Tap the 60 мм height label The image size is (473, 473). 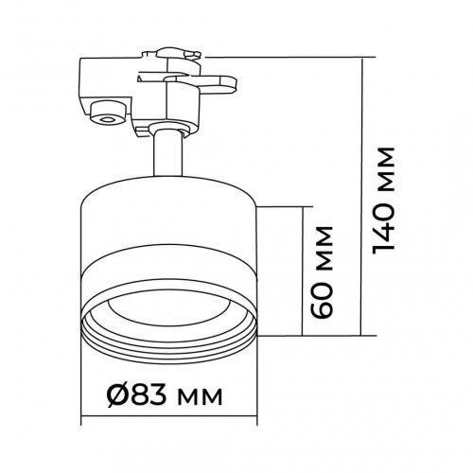coord(321,272)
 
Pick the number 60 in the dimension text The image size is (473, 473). coord(321,297)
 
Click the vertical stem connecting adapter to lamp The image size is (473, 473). coord(168,154)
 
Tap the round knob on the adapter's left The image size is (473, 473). coord(107,113)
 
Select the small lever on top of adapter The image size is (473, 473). coord(179,54)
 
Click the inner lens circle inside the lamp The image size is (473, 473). coord(168,310)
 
